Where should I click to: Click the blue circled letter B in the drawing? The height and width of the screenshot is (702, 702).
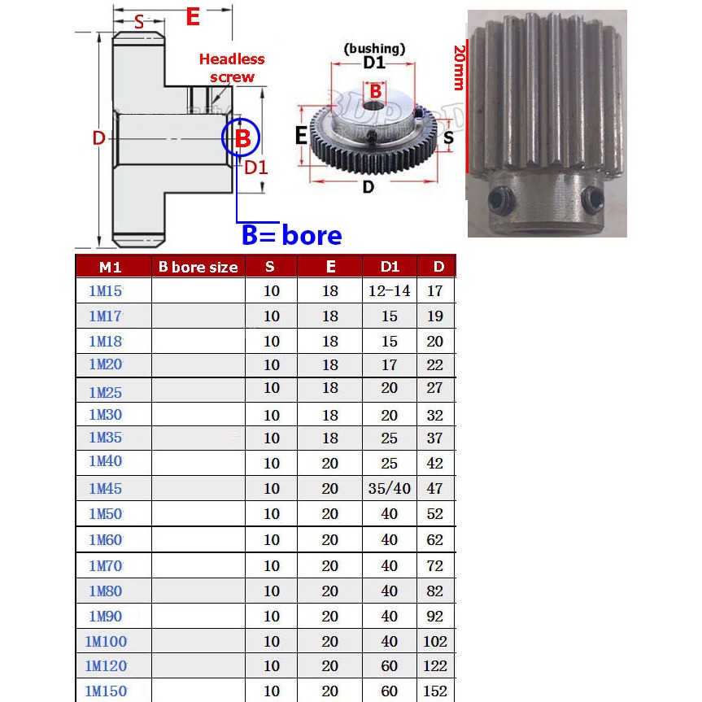[x=242, y=139]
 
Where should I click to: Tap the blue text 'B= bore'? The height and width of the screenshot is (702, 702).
[x=291, y=235]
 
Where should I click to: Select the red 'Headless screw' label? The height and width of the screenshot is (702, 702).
[x=232, y=68]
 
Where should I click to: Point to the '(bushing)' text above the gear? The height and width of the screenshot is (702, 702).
[x=374, y=48]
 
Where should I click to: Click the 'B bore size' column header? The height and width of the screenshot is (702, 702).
[x=198, y=267]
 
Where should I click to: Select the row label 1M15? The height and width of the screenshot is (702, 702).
[x=106, y=290]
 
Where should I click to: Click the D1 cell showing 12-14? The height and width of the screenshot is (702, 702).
[x=390, y=290]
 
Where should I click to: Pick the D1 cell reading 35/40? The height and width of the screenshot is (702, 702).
[x=390, y=489]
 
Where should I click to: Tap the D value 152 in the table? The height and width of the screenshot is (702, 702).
[x=435, y=691]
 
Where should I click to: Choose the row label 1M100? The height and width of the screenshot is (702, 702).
[x=106, y=642]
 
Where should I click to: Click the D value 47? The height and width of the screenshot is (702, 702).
[x=435, y=489]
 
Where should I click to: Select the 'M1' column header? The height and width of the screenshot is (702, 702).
[x=111, y=267]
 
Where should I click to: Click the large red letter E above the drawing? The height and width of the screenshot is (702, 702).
[x=193, y=17]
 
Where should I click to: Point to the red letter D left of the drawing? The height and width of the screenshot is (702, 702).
[x=98, y=139]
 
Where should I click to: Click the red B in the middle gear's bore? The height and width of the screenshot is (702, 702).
[x=375, y=93]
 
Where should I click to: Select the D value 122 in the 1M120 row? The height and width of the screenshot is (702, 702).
[x=435, y=666]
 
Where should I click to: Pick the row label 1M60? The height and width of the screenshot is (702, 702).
[x=106, y=540]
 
